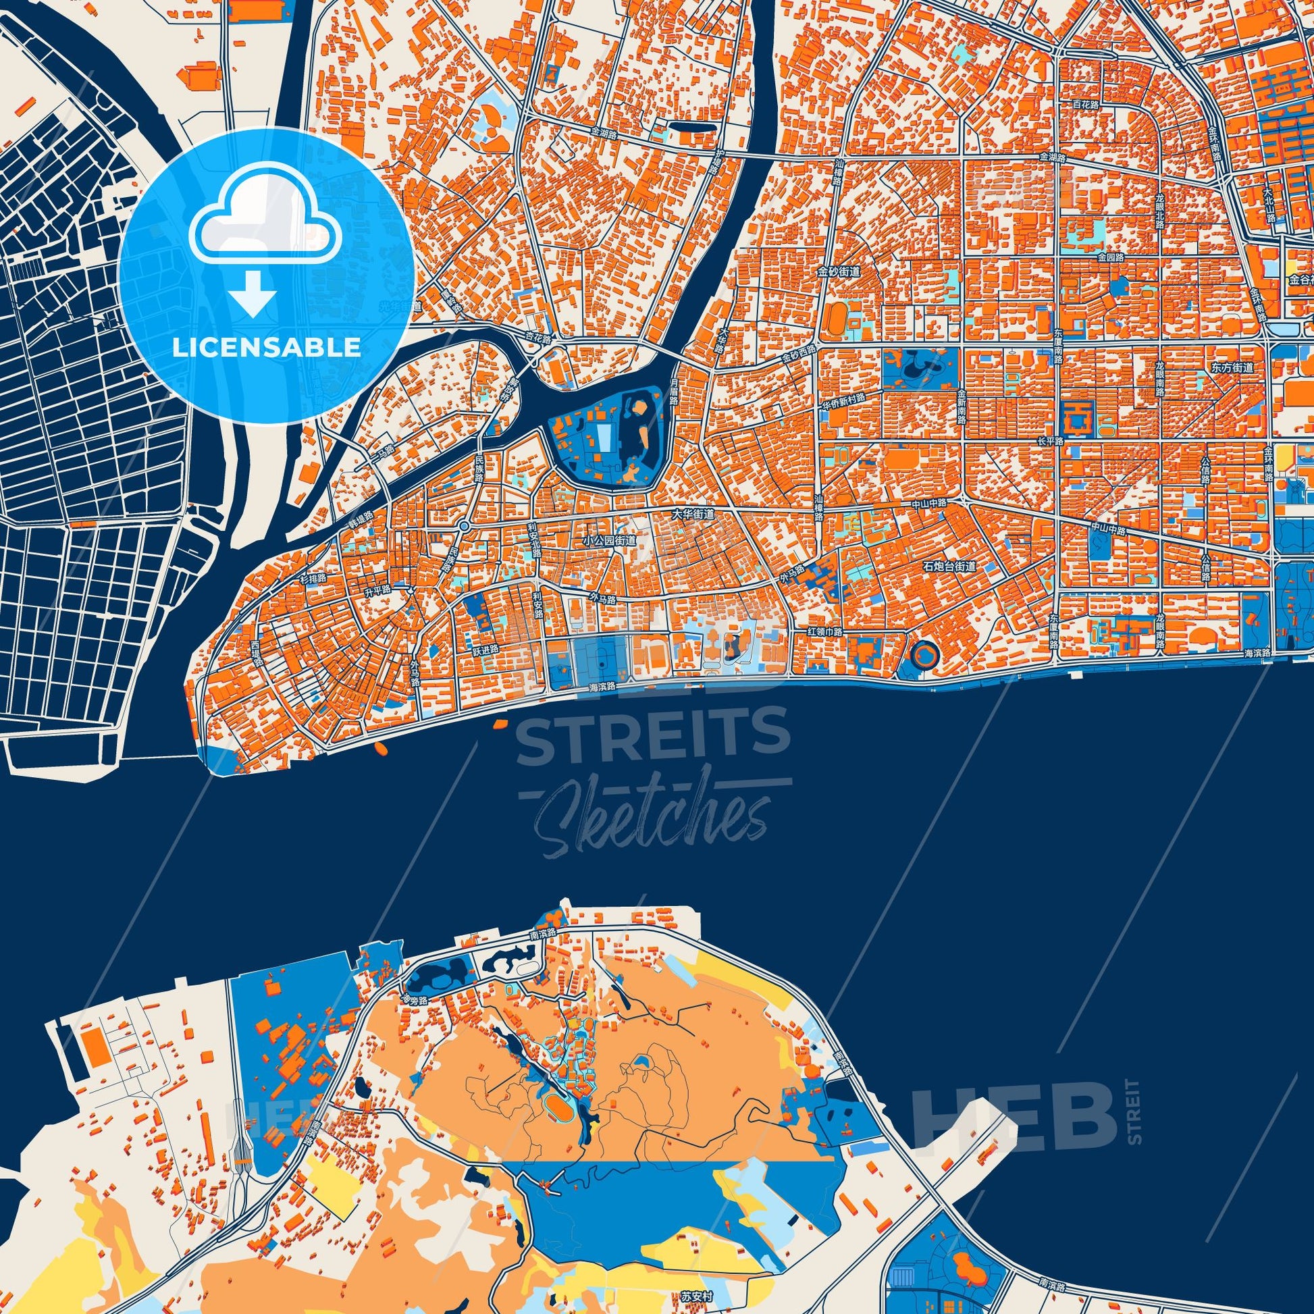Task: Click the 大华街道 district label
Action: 693,514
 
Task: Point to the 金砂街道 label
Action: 839,271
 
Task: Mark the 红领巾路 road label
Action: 824,632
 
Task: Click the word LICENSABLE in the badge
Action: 266,348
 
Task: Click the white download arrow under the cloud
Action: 253,292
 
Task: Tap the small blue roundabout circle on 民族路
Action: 465,526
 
